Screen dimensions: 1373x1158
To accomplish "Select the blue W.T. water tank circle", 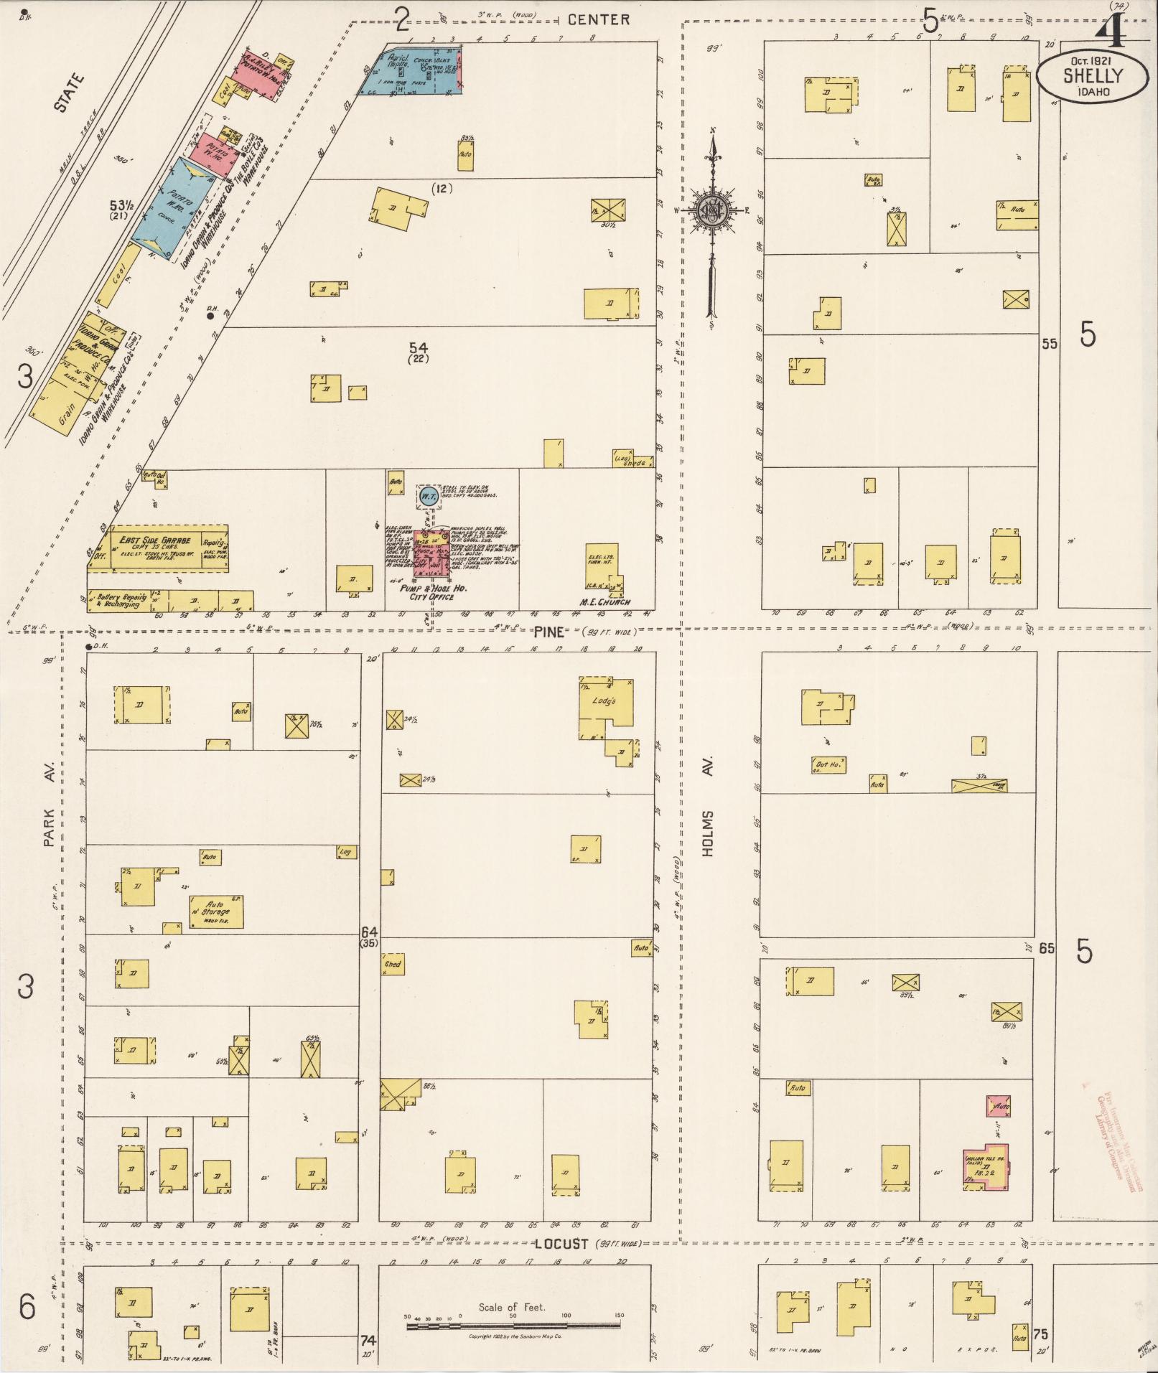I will pos(429,496).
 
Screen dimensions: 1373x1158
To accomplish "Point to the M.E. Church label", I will pos(604,601).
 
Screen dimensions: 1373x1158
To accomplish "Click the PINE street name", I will pos(548,632).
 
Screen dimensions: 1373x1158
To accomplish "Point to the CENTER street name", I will pos(598,20).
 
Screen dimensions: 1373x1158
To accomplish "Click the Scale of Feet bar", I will pos(513,1326).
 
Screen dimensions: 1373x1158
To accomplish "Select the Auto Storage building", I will pos(216,912).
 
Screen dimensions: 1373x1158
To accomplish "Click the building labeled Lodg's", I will pos(607,708).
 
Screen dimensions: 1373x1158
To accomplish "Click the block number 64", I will pos(369,932).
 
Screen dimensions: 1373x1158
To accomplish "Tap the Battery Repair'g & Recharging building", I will pos(120,601).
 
